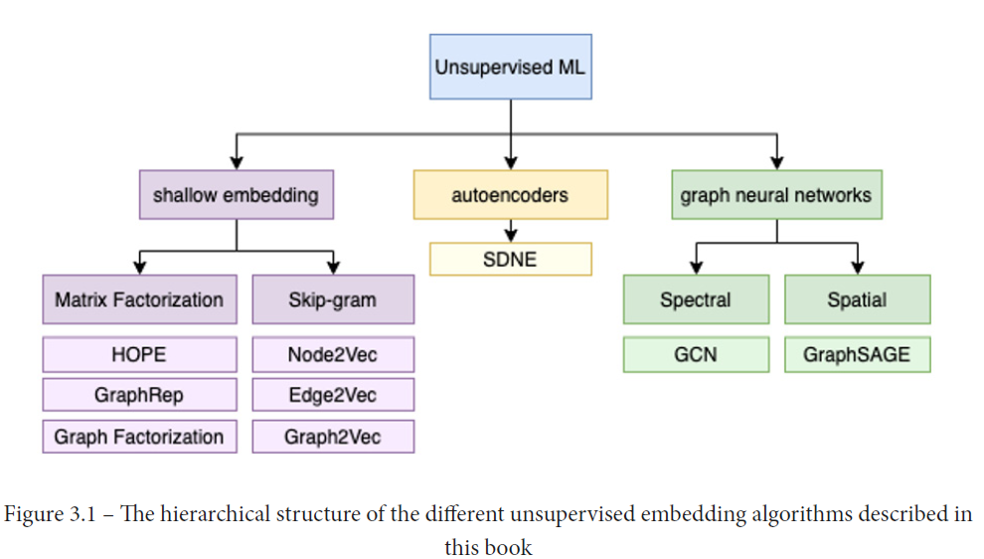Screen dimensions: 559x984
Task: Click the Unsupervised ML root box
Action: click(510, 67)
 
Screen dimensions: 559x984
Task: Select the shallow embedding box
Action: click(236, 195)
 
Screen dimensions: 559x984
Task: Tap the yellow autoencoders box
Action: click(510, 195)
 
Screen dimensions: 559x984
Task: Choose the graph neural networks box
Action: click(775, 195)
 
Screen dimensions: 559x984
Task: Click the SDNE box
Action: click(510, 259)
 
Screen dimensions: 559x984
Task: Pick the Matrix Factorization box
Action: click(139, 299)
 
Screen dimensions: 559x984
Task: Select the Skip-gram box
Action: click(333, 299)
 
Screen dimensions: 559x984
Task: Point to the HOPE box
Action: click(139, 354)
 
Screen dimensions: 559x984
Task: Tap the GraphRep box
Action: click(139, 395)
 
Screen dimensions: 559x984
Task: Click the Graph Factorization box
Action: click(139, 437)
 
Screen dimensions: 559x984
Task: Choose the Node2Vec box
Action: click(333, 354)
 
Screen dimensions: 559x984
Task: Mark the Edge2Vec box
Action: click(333, 395)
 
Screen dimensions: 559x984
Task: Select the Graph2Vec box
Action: click(333, 437)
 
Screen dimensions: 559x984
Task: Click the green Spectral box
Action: click(696, 299)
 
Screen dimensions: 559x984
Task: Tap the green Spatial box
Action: click(857, 299)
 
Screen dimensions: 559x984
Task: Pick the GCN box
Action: click(696, 354)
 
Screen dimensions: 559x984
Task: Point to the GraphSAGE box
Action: click(857, 354)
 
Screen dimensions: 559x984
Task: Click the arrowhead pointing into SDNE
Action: click(510, 236)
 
